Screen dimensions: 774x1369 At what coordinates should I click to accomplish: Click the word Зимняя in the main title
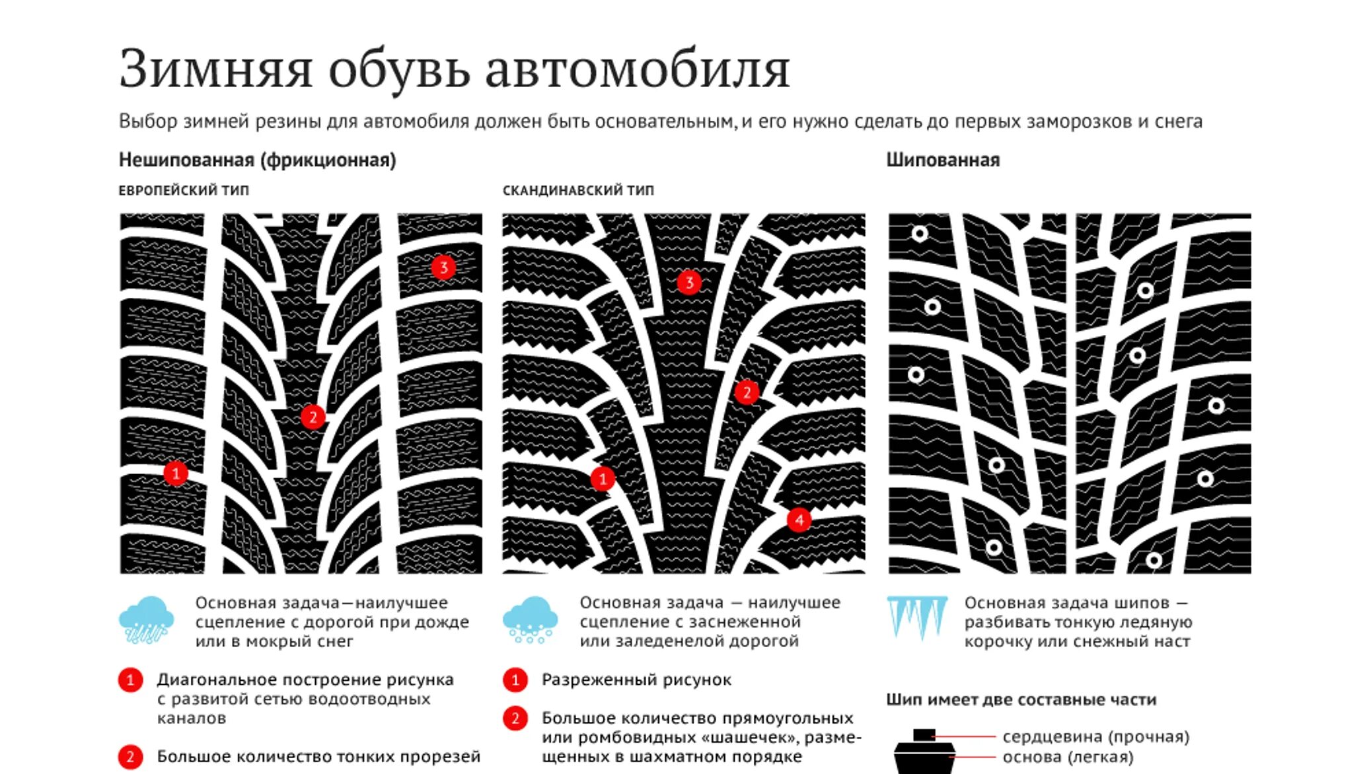215,69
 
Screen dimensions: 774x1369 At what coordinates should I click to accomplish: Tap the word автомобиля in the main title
638,69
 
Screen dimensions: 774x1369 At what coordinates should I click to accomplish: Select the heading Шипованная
943,160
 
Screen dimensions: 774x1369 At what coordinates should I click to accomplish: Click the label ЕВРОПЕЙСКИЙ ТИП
184,190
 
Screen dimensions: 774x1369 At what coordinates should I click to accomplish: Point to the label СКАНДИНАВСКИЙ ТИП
578,190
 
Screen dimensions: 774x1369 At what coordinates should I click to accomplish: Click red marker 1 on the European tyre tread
176,473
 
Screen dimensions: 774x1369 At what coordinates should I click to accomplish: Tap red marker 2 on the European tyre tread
313,417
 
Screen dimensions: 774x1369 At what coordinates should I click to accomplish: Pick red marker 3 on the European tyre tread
443,267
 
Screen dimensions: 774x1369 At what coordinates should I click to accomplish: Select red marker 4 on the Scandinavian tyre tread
799,520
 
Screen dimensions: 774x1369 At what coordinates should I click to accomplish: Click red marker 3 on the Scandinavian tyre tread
689,283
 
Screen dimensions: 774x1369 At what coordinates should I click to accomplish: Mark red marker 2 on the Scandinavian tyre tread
747,392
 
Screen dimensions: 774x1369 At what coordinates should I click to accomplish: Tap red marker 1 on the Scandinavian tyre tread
602,478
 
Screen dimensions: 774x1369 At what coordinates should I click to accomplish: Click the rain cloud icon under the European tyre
146,620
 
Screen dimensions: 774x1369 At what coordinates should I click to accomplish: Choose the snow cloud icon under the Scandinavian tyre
530,620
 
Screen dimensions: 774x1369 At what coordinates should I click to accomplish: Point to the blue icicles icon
916,617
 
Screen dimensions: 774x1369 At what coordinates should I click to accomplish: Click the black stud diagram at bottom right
924,753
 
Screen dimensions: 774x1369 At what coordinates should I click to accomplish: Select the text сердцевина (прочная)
1095,736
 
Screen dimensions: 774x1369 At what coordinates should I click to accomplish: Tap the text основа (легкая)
1068,757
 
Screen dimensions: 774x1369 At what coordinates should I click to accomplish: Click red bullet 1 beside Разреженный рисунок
515,680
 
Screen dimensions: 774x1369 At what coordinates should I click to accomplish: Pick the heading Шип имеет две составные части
1021,699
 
